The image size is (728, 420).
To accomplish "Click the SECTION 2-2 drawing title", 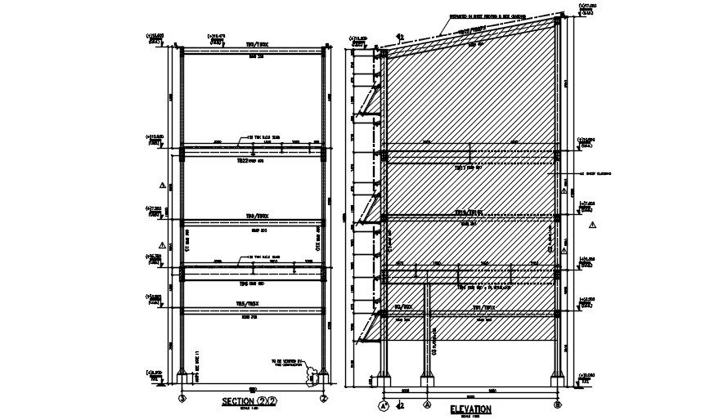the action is pyautogui.click(x=250, y=401).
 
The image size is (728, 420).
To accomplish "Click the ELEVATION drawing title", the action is pyautogui.click(x=470, y=409).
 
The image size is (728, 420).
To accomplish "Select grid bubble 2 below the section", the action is pyautogui.click(x=325, y=399).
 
